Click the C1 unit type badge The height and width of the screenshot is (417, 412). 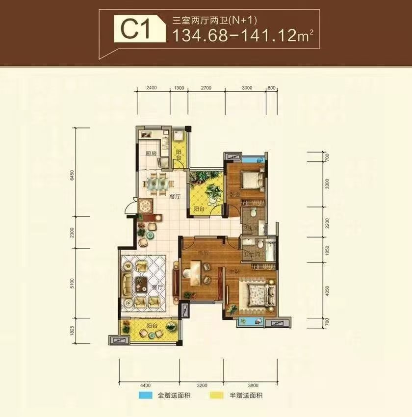pos(132,30)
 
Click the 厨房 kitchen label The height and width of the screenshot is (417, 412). pos(151,153)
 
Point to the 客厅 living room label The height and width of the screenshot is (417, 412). pos(156,288)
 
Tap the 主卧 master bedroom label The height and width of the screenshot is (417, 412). pos(234,271)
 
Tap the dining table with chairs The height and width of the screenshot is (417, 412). pos(158,183)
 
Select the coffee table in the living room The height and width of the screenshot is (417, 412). pos(142,283)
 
